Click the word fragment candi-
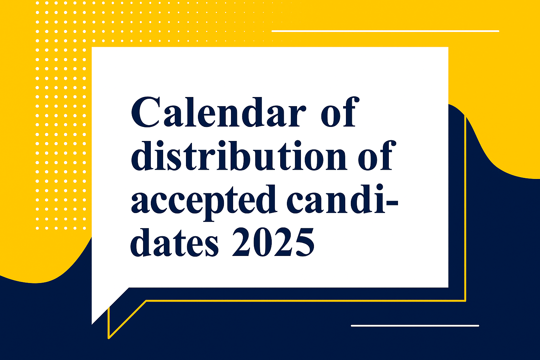point(342,199)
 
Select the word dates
point(174,242)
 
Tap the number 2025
point(273,242)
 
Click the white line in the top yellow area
point(385,31)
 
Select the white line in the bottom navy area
point(415,326)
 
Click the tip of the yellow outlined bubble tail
point(109,338)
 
